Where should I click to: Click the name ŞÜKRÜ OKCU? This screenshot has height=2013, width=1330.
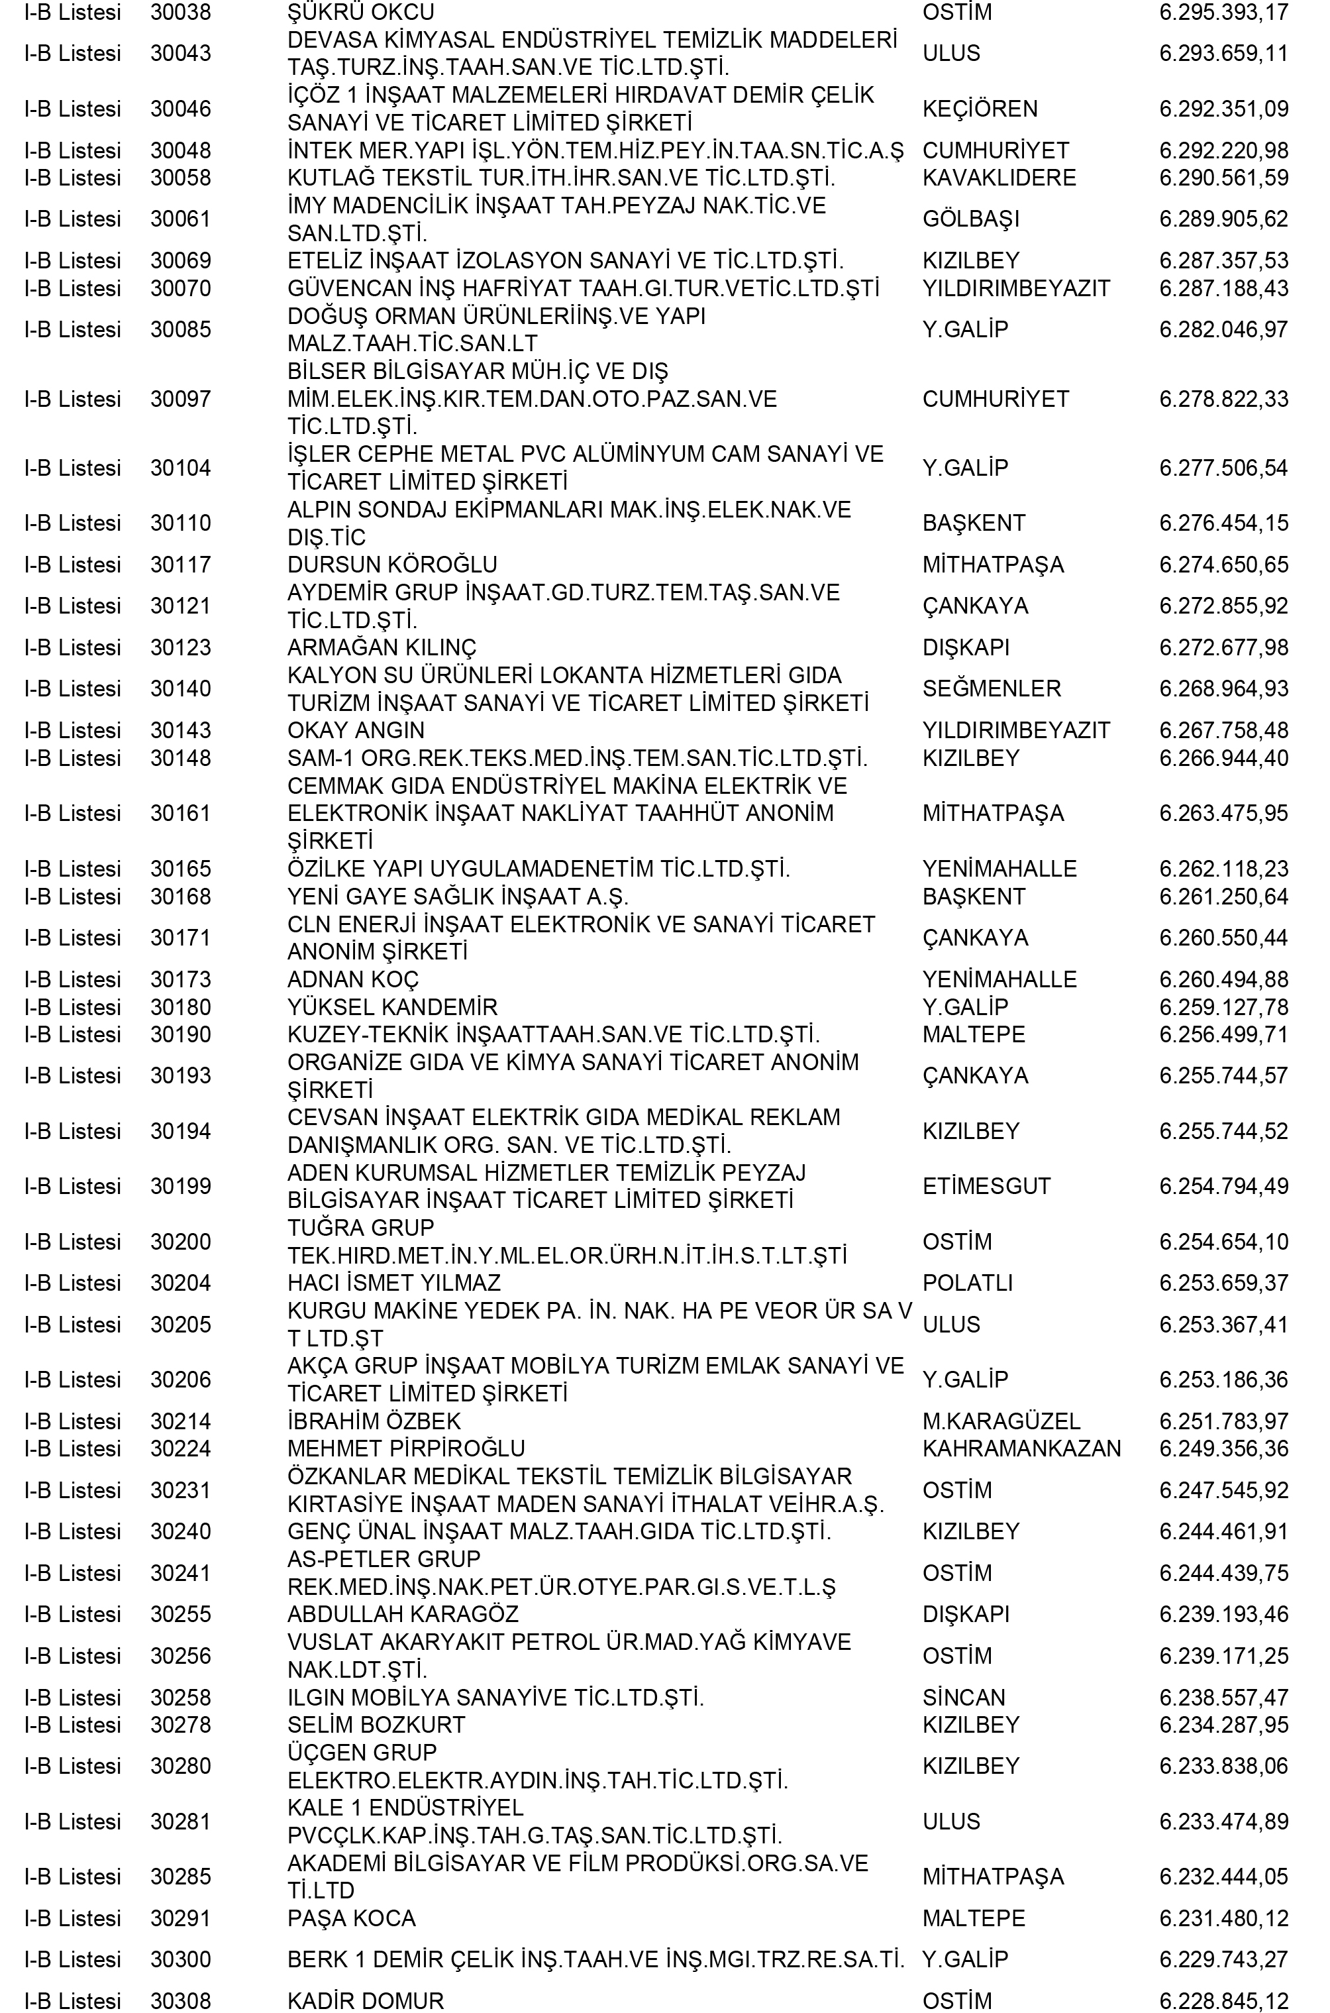coord(360,13)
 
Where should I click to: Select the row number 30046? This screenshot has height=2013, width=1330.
coord(181,109)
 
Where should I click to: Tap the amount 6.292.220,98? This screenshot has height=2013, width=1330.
coord(1223,151)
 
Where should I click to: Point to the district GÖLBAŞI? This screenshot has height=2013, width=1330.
coord(970,219)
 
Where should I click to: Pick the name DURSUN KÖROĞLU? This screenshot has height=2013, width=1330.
coord(392,565)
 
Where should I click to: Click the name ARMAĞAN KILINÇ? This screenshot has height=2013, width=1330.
coord(382,648)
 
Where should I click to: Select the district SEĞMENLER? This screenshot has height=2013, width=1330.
coord(991,689)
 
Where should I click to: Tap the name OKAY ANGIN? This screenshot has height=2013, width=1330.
coord(356,730)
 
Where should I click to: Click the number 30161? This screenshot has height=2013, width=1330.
coord(181,814)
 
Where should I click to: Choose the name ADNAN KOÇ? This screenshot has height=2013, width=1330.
coord(353,980)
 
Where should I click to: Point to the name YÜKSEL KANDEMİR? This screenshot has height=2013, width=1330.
coord(392,1008)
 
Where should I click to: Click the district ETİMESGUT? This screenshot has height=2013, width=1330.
coord(986,1187)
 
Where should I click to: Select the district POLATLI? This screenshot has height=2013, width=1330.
coord(967,1283)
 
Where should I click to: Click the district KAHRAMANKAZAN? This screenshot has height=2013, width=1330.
coord(1021,1449)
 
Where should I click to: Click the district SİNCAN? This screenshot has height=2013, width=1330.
coord(964,1698)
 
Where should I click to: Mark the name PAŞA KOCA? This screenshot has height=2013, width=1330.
coord(351,1918)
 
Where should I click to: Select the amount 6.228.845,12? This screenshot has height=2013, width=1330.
coord(1223,2000)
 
